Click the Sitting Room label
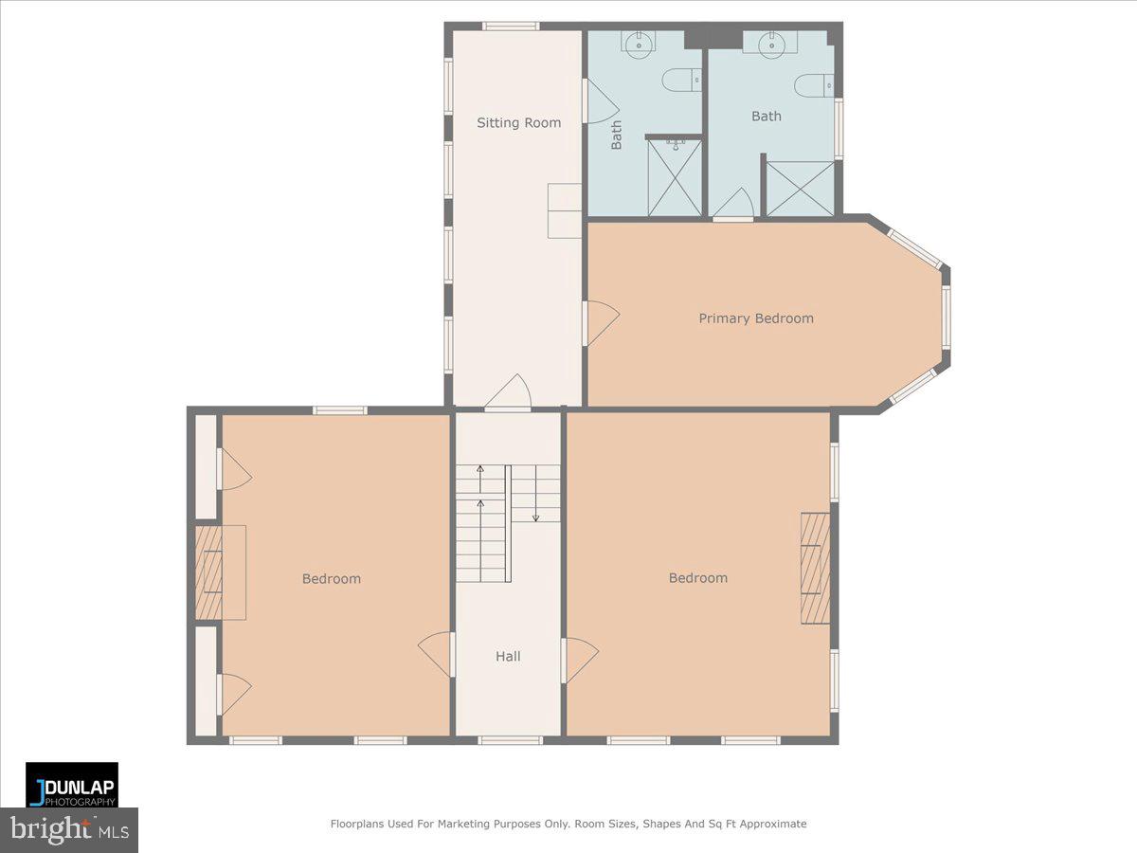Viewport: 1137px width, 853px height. [518, 123]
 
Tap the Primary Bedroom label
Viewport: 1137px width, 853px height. [756, 318]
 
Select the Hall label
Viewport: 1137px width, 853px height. [508, 656]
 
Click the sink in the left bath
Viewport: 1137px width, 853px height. [640, 43]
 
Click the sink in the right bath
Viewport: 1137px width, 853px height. [771, 43]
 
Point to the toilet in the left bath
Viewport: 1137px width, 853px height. [681, 80]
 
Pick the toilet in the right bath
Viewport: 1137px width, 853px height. [814, 85]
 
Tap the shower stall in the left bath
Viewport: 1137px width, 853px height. [675, 177]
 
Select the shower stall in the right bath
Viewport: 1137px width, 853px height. [801, 189]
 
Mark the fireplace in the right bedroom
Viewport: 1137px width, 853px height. [816, 568]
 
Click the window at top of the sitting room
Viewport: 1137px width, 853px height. [511, 26]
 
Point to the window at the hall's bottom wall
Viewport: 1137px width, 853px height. [510, 740]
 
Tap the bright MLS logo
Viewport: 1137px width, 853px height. [69, 830]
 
